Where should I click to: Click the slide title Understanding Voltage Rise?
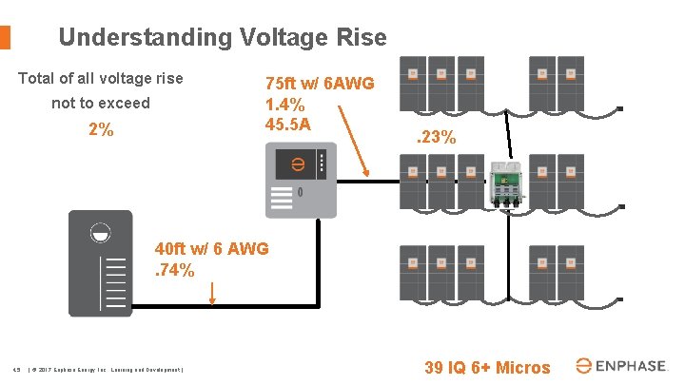(x=223, y=37)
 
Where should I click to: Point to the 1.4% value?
(x=285, y=104)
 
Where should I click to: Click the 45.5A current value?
(x=288, y=124)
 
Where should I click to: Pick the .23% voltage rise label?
(x=437, y=139)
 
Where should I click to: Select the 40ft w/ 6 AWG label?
(x=211, y=249)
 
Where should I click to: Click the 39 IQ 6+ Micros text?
(x=486, y=367)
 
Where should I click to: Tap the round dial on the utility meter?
(x=101, y=233)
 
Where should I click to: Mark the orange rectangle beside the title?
(x=5, y=37)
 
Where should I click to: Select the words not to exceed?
(x=101, y=103)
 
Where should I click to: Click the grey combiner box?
(x=299, y=180)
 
